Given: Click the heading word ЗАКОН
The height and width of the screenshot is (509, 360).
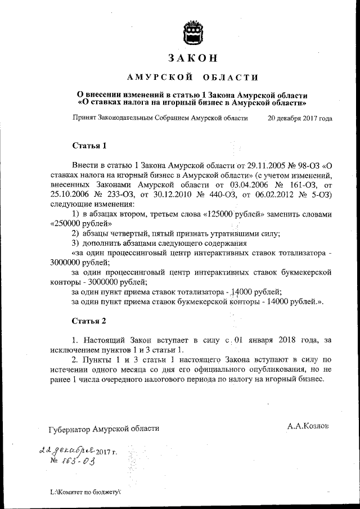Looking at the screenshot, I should [192, 58].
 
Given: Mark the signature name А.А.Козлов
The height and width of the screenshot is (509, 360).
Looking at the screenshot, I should [309, 426].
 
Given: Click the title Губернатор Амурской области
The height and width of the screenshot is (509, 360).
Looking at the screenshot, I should [104, 428].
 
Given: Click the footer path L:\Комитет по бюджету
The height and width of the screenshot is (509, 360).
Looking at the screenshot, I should [85, 492].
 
